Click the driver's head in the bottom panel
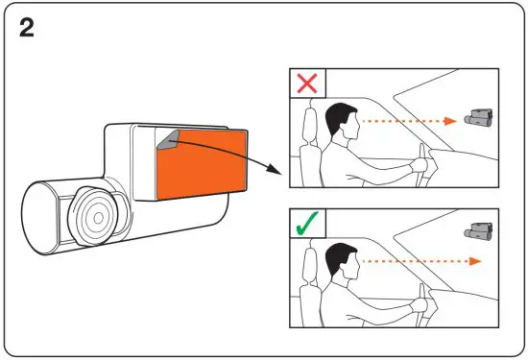(341, 261)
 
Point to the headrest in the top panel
(309, 126)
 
